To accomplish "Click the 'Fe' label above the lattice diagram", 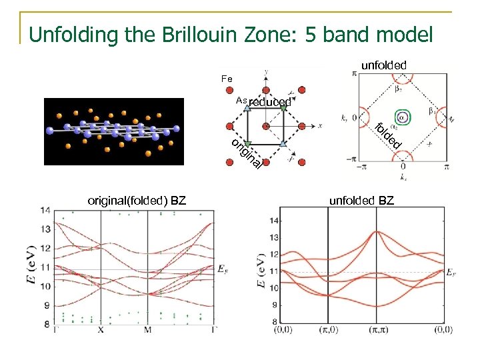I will tap(227, 79).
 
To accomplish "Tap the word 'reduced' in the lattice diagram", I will tap(270, 102).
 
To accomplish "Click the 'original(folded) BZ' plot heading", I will tap(137, 200).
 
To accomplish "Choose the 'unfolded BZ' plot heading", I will tap(361, 200).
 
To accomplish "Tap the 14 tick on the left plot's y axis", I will tap(45, 211).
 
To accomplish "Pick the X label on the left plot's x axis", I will tap(100, 330).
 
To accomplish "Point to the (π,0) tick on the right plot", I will tap(327, 330).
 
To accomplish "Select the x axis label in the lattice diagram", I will tap(320, 125).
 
